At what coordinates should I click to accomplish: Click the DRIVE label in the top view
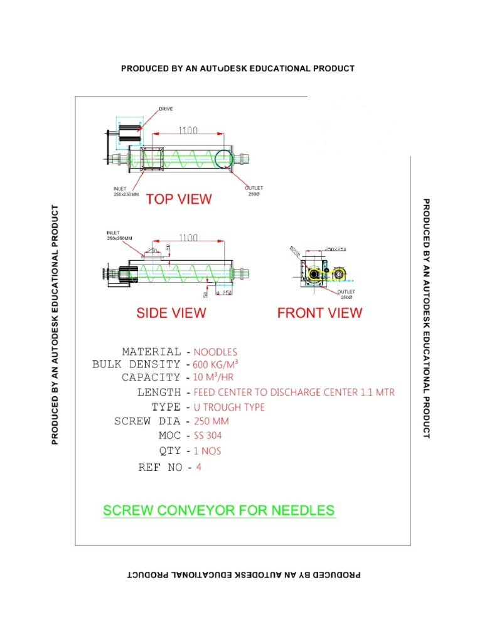(166, 109)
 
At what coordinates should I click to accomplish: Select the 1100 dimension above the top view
(187, 130)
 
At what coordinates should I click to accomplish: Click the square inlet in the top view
(151, 159)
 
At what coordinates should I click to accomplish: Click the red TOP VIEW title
(179, 199)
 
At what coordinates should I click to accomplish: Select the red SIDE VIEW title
(171, 312)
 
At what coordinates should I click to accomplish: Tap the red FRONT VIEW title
(319, 312)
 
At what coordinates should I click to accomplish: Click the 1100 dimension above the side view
(188, 238)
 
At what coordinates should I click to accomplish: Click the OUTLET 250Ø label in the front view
(346, 294)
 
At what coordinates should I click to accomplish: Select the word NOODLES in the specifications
(215, 352)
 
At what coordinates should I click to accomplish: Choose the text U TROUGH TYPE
(229, 407)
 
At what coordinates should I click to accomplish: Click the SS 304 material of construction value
(208, 435)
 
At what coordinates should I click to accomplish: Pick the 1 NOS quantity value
(207, 451)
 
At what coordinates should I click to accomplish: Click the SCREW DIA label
(147, 421)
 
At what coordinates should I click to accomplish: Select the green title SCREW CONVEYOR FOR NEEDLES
(218, 510)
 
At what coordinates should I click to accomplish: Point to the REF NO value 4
(198, 466)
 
